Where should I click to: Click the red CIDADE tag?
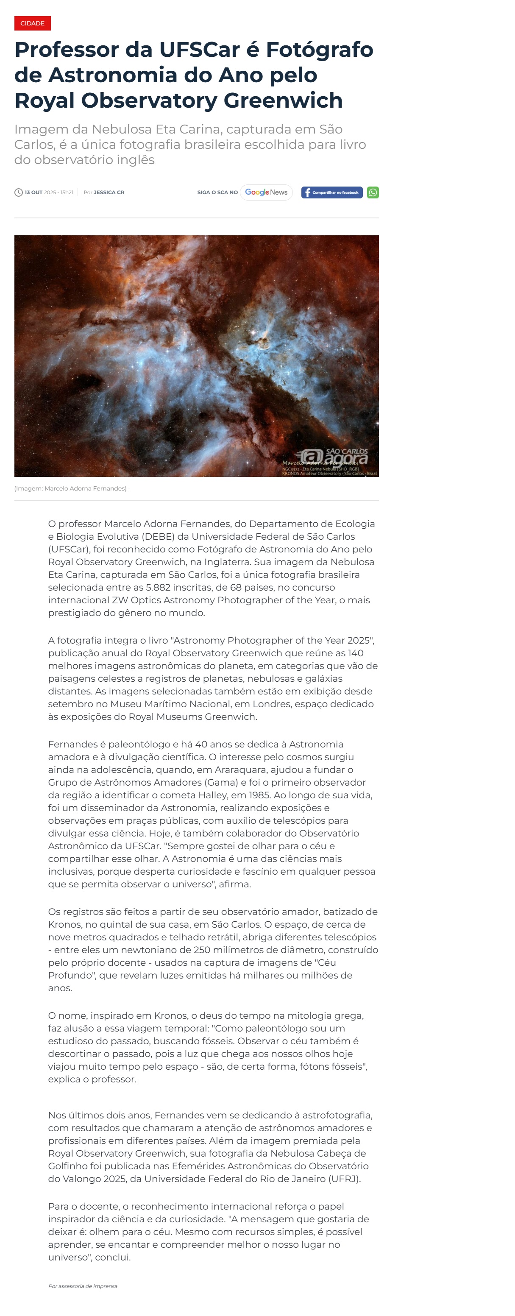point(32,23)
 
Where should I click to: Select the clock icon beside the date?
point(18,192)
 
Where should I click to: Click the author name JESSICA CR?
point(109,192)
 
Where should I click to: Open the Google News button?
point(266,192)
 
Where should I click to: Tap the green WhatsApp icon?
point(373,192)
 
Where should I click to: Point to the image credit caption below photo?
point(72,488)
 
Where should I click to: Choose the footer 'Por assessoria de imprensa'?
point(83,1286)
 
